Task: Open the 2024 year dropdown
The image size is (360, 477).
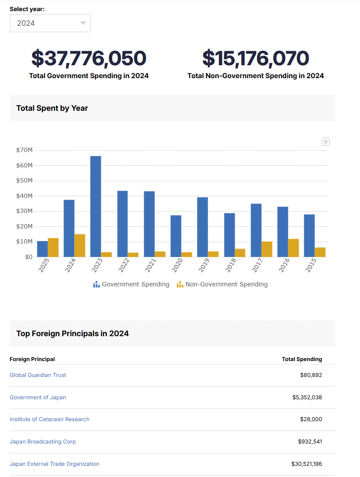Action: click(x=50, y=23)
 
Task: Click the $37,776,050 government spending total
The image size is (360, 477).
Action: click(x=89, y=58)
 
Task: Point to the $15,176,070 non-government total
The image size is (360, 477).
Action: click(x=255, y=58)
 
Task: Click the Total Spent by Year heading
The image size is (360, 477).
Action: click(x=52, y=108)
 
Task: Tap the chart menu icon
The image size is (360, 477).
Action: click(x=326, y=142)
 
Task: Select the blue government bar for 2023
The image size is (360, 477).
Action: click(x=96, y=207)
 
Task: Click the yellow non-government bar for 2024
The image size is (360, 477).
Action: click(x=80, y=246)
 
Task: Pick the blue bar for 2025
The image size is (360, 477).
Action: click(x=42, y=249)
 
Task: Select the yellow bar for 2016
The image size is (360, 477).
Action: click(x=293, y=248)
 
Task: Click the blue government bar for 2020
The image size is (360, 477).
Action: click(x=176, y=236)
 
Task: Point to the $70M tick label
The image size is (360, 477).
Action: click(x=24, y=150)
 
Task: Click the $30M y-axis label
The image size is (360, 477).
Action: click(x=24, y=211)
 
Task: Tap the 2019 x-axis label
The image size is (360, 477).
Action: click(x=204, y=265)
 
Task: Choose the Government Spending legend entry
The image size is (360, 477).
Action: click(x=131, y=284)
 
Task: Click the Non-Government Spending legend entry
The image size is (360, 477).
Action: click(x=222, y=284)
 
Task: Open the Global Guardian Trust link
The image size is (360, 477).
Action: click(x=38, y=375)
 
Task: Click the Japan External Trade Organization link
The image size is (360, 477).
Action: click(x=54, y=464)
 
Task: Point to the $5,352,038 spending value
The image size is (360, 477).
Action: click(x=307, y=397)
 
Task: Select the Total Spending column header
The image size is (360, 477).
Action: click(x=302, y=359)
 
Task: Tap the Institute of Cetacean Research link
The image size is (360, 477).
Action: click(x=50, y=419)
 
